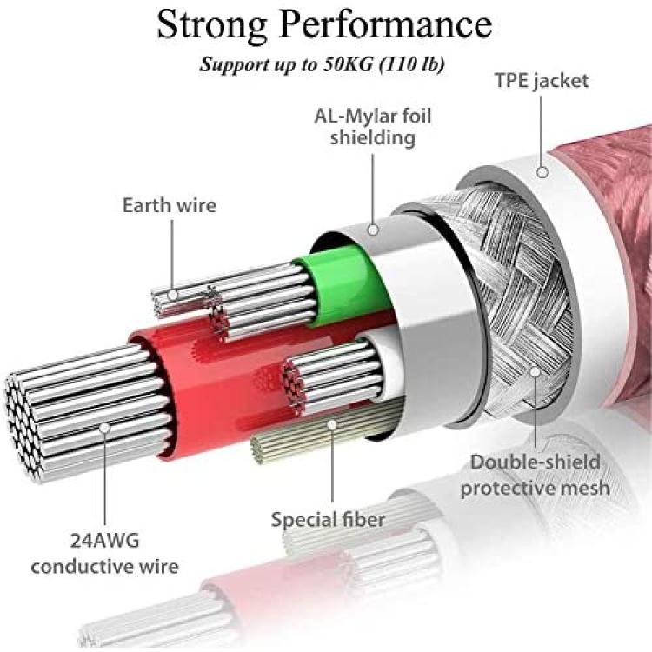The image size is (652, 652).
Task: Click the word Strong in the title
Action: [212, 26]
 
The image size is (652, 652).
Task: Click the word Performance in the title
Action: [386, 24]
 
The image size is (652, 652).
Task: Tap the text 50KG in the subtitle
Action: [347, 64]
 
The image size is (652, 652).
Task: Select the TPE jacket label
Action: [542, 81]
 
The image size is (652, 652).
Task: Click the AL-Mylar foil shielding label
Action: [373, 127]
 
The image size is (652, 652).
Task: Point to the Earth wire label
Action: [170, 205]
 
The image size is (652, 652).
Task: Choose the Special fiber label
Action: [328, 520]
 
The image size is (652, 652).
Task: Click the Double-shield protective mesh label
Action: [536, 475]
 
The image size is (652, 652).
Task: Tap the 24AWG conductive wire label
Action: [105, 554]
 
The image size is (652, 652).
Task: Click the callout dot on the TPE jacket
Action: [542, 172]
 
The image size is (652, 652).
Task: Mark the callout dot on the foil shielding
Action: [373, 230]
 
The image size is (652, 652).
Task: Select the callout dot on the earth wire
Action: [173, 296]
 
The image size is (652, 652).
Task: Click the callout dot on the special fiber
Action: [332, 424]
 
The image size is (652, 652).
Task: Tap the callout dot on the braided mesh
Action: [536, 371]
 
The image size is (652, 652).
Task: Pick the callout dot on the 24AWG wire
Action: [105, 428]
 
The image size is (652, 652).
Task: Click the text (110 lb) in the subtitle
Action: [412, 64]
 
